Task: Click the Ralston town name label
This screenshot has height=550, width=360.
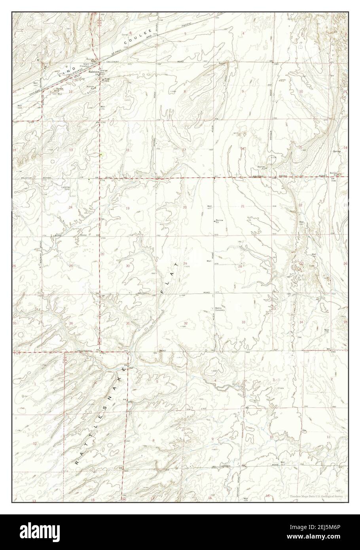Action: (x=93, y=72)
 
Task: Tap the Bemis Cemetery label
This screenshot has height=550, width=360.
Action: (x=220, y=309)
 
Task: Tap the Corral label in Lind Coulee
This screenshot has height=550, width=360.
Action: (x=124, y=35)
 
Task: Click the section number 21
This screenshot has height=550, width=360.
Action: (x=243, y=207)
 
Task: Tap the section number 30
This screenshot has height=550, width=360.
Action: (x=127, y=266)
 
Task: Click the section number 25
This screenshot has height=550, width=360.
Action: (x=71, y=266)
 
